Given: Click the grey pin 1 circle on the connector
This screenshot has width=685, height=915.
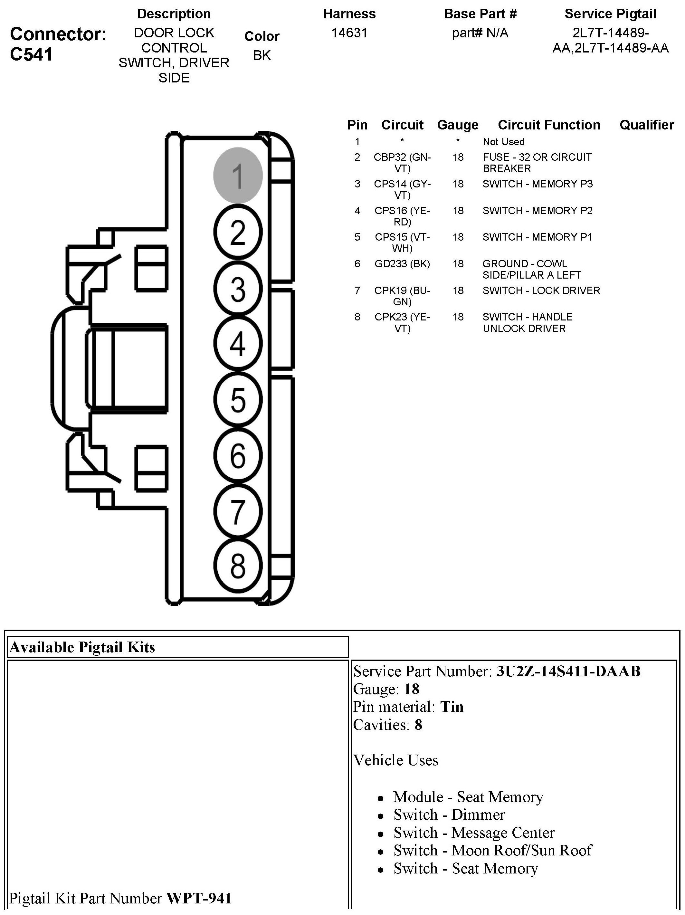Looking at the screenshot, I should click(238, 176).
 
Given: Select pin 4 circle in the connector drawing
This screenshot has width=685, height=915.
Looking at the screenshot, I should click(238, 343).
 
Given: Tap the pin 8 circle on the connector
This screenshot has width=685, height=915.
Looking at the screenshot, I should click(238, 566).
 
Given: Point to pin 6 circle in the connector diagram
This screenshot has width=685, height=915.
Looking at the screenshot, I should click(238, 455).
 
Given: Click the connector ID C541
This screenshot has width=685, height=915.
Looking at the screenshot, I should click(32, 54).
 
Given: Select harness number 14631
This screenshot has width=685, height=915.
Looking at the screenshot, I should click(349, 33).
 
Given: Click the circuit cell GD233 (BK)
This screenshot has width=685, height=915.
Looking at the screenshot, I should click(402, 263).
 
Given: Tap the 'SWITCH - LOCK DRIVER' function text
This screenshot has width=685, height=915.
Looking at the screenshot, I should click(541, 291).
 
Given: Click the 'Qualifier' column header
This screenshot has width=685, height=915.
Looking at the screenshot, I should click(647, 125).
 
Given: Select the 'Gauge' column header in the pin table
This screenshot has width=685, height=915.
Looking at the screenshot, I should click(458, 125).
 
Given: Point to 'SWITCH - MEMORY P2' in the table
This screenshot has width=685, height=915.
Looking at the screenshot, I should click(537, 211).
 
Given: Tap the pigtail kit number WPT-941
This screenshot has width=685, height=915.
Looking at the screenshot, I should click(199, 898).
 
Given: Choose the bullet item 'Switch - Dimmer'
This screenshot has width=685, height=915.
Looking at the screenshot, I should click(449, 815).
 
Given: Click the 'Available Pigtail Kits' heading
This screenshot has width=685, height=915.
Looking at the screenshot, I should click(82, 647).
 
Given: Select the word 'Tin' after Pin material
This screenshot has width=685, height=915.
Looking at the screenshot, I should click(452, 707).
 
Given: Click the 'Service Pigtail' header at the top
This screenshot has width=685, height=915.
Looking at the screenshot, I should click(611, 14).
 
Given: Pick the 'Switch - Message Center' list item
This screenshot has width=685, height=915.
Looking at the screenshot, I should click(474, 832).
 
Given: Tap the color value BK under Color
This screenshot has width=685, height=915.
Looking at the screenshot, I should click(262, 55).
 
